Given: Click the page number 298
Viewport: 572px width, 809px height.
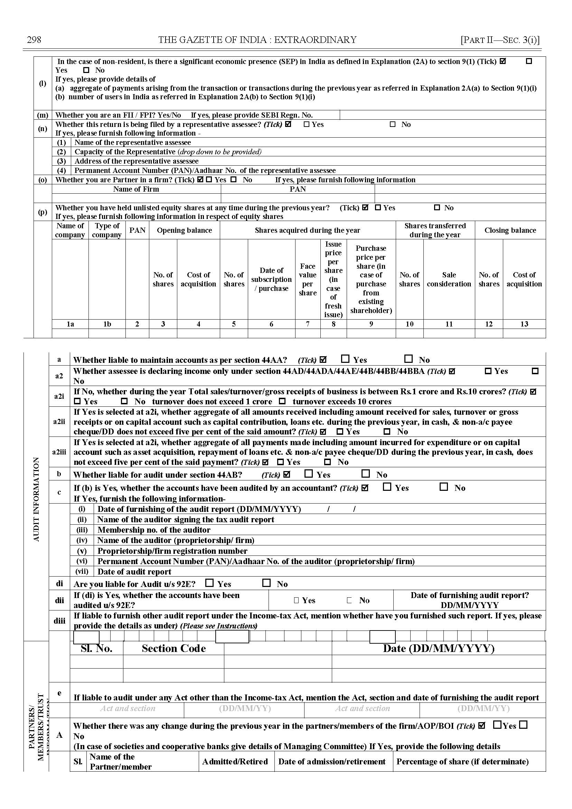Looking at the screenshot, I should tap(34, 39).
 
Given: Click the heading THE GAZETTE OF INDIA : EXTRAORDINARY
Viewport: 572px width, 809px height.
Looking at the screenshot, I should tap(257, 39).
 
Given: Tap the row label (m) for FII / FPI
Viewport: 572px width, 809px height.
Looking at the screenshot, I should tap(43, 115).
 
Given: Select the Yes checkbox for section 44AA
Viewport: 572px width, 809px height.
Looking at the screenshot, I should tap(346, 359).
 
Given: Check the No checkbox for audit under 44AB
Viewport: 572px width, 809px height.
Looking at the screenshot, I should tap(366, 474).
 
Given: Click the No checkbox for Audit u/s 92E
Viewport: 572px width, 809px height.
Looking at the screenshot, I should tap(266, 583).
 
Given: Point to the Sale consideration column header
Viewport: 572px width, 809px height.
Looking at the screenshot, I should tap(449, 279).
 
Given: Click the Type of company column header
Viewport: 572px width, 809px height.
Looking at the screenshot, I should tap(107, 230).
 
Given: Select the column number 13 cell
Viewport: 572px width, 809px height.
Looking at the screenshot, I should tap(524, 324).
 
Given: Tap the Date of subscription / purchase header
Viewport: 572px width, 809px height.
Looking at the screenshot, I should tap(271, 279).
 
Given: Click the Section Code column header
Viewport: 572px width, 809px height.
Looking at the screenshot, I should tap(174, 648).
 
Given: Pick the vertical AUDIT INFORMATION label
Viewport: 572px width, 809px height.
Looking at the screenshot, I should tap(36, 499).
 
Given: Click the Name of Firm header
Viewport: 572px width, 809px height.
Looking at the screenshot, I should tap(136, 189).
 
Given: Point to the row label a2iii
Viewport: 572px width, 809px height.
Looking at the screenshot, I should tap(59, 452).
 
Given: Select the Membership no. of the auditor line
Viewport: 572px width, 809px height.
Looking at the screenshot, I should tap(153, 530).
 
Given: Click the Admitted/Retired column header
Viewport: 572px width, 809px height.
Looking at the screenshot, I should tap(235, 761).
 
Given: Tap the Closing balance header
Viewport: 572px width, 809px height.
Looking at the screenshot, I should tap(510, 230).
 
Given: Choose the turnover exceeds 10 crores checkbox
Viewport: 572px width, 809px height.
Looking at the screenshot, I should tap(282, 401).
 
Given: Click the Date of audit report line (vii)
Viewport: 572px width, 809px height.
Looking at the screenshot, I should tap(134, 571).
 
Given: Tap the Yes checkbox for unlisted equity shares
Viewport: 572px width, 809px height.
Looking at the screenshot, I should tap(378, 208).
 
